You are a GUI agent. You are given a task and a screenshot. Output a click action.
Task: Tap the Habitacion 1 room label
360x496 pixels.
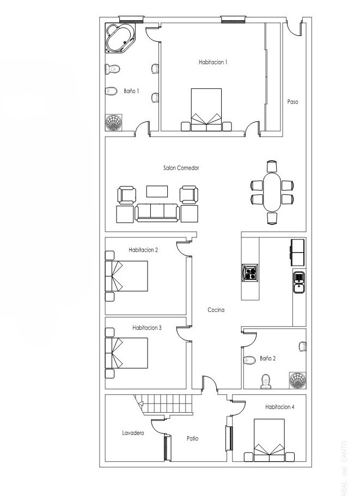[212, 62]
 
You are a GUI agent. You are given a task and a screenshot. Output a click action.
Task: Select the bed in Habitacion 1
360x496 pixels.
[206, 109]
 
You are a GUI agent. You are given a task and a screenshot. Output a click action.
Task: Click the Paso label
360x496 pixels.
[292, 102]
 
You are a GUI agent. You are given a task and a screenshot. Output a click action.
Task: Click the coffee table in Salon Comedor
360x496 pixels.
[157, 191]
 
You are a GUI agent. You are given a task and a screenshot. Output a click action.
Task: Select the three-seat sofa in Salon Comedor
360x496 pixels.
[157, 212]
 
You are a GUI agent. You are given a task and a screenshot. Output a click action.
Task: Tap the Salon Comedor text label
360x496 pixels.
[181, 168]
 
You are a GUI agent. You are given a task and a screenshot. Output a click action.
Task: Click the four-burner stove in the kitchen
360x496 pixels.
[250, 272]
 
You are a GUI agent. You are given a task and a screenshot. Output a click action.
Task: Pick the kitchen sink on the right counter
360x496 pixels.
[300, 280]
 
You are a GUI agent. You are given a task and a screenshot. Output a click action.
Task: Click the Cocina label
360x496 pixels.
[216, 310]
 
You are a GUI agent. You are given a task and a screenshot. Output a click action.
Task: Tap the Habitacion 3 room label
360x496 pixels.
[147, 328]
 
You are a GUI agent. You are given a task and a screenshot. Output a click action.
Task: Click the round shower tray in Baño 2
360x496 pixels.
[297, 380]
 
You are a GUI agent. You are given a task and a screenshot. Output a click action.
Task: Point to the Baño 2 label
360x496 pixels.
[267, 358]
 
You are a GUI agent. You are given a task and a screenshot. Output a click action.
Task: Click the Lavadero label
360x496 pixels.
[132, 433]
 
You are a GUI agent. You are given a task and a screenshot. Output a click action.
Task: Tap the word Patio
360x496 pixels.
[192, 438]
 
